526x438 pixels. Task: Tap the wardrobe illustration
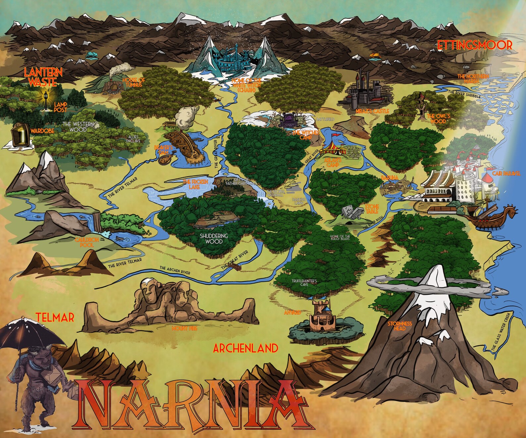19,134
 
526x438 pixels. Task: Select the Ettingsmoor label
475,45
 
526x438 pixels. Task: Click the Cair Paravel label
506,173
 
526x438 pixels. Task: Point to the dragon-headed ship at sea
494,217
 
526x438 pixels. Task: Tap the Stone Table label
372,209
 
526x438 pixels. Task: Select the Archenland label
245,348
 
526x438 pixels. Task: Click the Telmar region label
55,317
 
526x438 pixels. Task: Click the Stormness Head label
399,326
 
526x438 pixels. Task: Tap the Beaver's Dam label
164,150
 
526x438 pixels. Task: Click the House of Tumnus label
133,82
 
